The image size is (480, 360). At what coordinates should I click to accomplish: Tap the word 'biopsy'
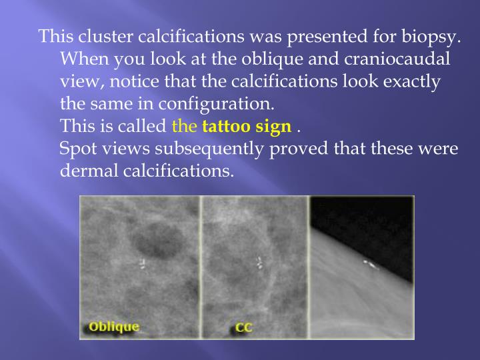click(x=432, y=37)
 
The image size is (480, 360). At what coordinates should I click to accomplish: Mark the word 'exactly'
click(x=407, y=82)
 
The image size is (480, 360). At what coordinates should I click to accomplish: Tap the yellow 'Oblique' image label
click(x=114, y=326)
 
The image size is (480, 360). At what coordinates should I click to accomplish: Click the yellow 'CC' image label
click(x=243, y=327)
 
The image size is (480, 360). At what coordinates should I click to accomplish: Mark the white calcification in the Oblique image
click(x=143, y=263)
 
